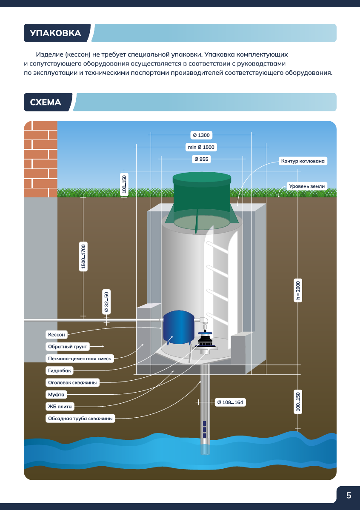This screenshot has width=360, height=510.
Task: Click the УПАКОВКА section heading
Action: tap(55, 33)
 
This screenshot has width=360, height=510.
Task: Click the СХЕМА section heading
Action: tap(46, 103)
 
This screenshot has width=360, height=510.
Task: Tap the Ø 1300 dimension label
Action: tap(201, 135)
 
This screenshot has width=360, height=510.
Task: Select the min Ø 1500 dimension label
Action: tap(201, 147)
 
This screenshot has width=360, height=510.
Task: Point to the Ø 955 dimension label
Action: tap(201, 159)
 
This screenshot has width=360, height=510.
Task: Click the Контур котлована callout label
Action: tap(303, 161)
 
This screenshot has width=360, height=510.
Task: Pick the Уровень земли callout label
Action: tap(306, 186)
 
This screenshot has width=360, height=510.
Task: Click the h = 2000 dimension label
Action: tap(298, 291)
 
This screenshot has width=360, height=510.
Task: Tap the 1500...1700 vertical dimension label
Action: tap(84, 256)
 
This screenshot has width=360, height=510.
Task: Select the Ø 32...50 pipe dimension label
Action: tap(106, 302)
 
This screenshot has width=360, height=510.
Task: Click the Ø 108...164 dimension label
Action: tap(230, 402)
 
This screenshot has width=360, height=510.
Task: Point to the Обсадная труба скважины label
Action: tap(80, 419)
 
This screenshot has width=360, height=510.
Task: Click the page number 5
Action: tap(349, 495)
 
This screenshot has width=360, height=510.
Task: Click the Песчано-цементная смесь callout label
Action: tap(80, 359)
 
